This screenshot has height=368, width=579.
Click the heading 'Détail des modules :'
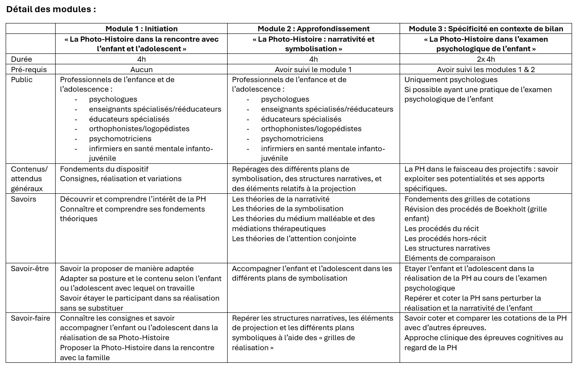point(51,9)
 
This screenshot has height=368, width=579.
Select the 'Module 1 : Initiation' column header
point(141,29)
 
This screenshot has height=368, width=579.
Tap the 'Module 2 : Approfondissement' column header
point(313,29)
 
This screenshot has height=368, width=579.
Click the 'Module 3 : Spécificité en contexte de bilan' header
point(486,29)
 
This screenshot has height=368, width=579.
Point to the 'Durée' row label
point(21,59)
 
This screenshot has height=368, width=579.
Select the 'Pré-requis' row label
point(29,69)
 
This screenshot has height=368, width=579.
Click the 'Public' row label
point(22,80)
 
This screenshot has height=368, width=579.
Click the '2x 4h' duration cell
point(486,59)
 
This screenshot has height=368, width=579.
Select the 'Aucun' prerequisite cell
point(141,69)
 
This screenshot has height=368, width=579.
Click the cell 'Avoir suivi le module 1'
point(313,69)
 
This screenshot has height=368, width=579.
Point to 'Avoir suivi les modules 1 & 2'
point(486,69)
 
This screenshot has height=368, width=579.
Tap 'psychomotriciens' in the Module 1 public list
point(120,139)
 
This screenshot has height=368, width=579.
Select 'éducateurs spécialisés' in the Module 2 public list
point(301,119)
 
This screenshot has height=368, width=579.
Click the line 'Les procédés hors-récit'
point(445,239)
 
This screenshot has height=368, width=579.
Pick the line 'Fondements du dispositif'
point(104,169)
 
